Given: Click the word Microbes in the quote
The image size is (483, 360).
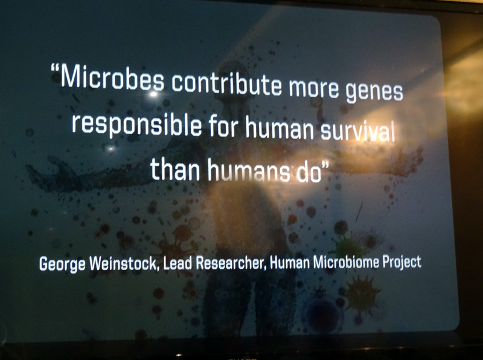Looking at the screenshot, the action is pyautogui.click(x=112, y=79).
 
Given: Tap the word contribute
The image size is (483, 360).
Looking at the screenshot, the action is pyautogui.click(x=226, y=82).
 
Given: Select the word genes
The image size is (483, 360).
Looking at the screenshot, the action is pyautogui.click(x=374, y=92).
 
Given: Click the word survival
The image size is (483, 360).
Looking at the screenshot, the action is pyautogui.click(x=357, y=132).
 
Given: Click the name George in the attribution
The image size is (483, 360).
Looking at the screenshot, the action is pyautogui.click(x=62, y=265).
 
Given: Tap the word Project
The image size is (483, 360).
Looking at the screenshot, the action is pyautogui.click(x=401, y=263).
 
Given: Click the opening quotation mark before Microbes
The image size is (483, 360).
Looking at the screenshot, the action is pyautogui.click(x=55, y=69).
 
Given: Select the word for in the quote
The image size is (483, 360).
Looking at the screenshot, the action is pyautogui.click(x=223, y=126).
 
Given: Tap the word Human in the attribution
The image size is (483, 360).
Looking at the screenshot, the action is pyautogui.click(x=290, y=263).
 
